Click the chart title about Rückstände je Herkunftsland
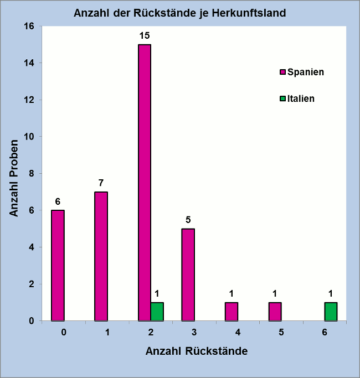click(180, 13)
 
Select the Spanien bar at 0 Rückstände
click(58, 266)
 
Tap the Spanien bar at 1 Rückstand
click(101, 256)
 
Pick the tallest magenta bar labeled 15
click(145, 183)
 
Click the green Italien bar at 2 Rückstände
click(157, 312)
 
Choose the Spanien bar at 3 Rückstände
click(188, 275)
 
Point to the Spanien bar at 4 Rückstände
click(232, 312)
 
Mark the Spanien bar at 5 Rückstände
click(275, 312)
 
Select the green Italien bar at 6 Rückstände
click(331, 312)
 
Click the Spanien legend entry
click(302, 72)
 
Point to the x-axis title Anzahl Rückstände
click(196, 351)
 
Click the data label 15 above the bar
click(145, 35)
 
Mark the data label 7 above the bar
click(101, 183)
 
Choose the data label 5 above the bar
click(188, 220)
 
